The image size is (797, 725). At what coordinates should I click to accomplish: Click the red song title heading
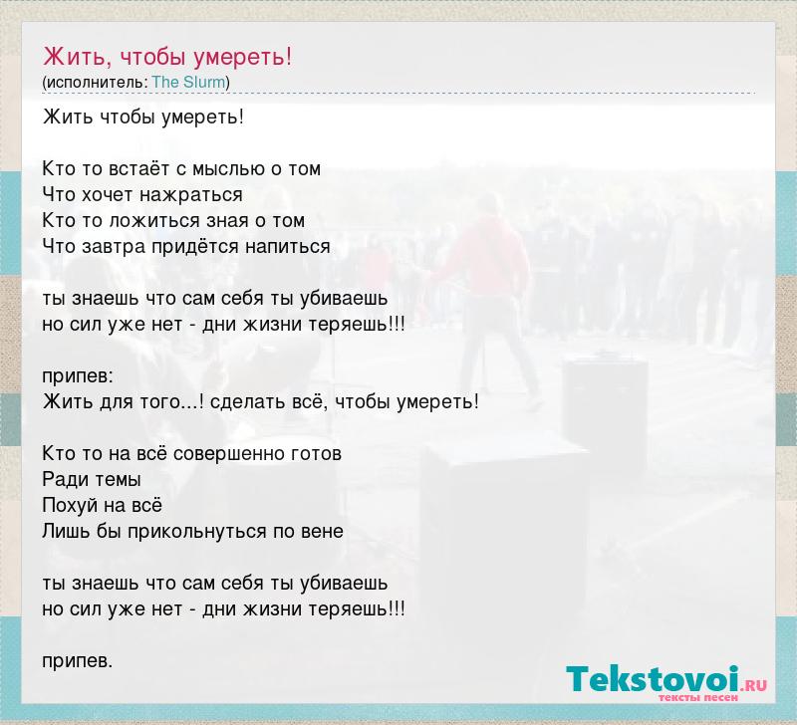coord(167,57)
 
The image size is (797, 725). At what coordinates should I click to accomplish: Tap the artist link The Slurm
coord(188,82)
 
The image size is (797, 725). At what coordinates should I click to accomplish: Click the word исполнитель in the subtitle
coord(96,83)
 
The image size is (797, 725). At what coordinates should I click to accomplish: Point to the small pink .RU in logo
coord(754,685)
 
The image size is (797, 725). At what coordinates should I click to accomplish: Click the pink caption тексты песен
coord(698,698)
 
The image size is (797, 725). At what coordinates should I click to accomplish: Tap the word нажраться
coord(191,195)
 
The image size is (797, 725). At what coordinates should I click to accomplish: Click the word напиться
coord(288,247)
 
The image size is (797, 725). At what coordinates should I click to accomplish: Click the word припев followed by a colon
coord(79,377)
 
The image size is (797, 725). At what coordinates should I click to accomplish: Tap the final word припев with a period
coord(78,661)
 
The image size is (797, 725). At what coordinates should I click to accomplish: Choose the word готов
coord(316,454)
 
